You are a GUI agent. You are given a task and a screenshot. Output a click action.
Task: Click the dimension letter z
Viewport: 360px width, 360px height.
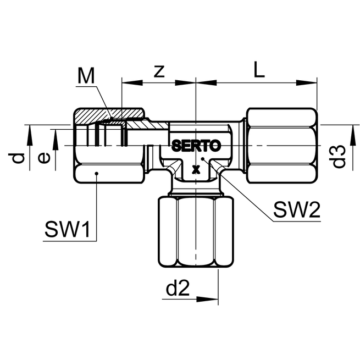coord(159,71)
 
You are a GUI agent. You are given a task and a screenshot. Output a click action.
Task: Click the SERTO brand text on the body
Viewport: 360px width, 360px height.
coord(196,146)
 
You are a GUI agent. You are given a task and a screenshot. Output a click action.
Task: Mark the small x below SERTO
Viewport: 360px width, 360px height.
coord(196,169)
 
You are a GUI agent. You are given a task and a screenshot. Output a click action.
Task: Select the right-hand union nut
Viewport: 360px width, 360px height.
coord(281,145)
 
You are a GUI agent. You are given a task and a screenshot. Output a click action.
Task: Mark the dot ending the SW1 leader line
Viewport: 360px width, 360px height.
coord(96,174)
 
